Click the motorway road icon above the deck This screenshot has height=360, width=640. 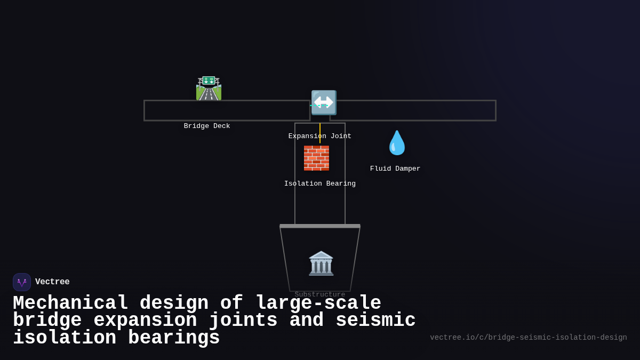(x=209, y=89)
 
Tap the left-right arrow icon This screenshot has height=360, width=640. (x=324, y=102)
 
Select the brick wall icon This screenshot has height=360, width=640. (x=316, y=158)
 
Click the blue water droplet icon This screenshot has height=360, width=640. (x=397, y=143)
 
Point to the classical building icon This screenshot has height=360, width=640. (x=321, y=263)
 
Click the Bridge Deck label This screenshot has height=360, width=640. (x=207, y=126)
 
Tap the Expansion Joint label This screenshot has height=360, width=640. (x=320, y=137)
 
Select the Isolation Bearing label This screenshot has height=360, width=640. (x=320, y=184)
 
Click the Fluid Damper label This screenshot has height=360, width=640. (x=395, y=169)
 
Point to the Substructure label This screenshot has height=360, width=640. (x=320, y=294)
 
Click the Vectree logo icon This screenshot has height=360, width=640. (x=22, y=282)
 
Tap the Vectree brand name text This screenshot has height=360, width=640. (x=52, y=282)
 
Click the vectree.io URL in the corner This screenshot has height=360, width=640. (x=528, y=338)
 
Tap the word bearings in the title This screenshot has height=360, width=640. (x=174, y=338)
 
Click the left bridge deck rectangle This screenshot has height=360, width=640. (x=227, y=110)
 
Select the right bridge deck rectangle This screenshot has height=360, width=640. (x=413, y=110)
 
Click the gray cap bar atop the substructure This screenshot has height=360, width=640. (x=320, y=226)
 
